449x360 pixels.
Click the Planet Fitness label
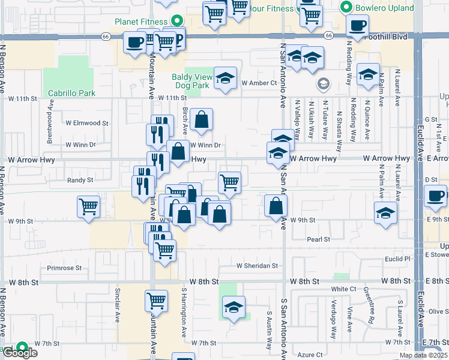tap(141, 22)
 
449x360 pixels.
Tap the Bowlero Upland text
tap(385, 8)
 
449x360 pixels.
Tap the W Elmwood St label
tap(87, 123)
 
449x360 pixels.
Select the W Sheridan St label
tap(258, 265)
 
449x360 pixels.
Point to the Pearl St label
tap(319, 239)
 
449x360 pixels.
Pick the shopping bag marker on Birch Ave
tap(203, 119)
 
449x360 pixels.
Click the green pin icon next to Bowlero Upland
tap(346, 8)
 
